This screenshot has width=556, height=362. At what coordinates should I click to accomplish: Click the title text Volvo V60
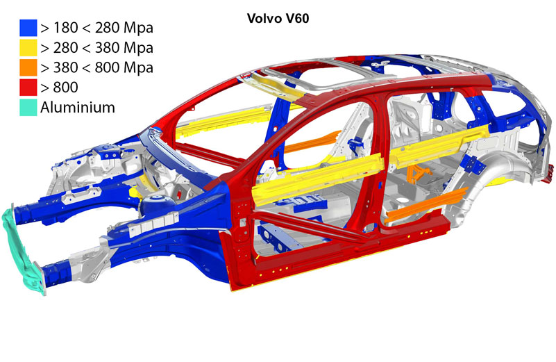pos(278,19)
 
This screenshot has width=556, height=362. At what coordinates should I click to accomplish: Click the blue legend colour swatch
pos(28,28)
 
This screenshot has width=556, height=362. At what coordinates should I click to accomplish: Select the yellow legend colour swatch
pos(28,47)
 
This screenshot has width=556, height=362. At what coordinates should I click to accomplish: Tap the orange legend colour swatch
pos(28,67)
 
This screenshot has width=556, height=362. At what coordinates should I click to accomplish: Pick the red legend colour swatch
pos(28,88)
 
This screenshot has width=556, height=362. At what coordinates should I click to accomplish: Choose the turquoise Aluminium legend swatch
pos(28,107)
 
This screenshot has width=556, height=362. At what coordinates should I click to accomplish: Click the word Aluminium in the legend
pos(78,107)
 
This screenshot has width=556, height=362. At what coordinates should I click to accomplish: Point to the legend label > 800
pos(59,88)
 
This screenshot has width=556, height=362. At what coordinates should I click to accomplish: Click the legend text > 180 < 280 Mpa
pos(96,28)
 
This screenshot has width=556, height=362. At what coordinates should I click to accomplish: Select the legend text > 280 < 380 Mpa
pos(96,47)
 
